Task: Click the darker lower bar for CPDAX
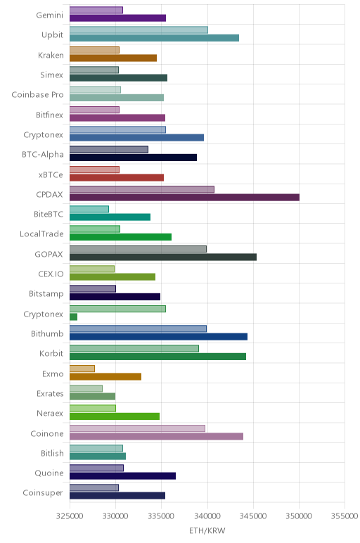click(184, 198)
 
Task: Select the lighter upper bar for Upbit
click(139, 30)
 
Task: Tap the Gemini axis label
click(50, 15)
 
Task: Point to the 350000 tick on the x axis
click(299, 516)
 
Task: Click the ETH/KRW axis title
click(207, 530)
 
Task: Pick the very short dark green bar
click(73, 317)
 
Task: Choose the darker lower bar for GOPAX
click(163, 257)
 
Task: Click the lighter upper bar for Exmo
click(82, 369)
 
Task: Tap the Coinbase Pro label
click(37, 95)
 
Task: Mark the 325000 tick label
click(70, 516)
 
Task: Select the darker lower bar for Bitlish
click(98, 456)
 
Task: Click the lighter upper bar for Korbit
click(134, 348)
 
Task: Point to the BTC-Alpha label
click(43, 155)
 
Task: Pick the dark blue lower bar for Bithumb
click(158, 337)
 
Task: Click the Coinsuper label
click(43, 493)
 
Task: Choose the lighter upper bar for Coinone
click(137, 428)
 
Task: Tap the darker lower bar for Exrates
click(92, 397)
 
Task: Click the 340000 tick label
click(207, 516)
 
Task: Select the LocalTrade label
click(41, 234)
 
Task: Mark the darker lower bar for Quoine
click(122, 475)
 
